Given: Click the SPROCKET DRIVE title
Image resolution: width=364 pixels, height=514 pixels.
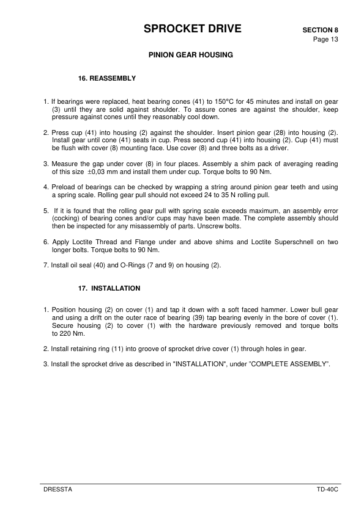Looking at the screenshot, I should tap(191, 29).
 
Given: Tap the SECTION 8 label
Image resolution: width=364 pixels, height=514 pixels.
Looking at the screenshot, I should tap(320, 30).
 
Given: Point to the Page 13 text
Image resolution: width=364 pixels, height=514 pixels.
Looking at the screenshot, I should tap(326, 40).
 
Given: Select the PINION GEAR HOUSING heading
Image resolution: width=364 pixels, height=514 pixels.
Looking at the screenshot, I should tap(191, 55).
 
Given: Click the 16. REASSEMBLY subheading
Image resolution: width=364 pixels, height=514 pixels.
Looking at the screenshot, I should tap(107, 79).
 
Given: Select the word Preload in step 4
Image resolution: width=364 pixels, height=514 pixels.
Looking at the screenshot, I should tap(64, 187).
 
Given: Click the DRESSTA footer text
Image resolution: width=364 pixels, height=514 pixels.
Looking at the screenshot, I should tap(58, 490).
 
